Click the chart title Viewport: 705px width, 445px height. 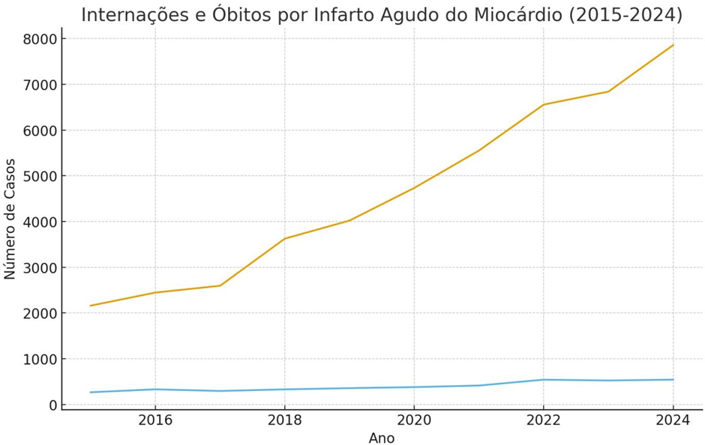(x=382, y=15)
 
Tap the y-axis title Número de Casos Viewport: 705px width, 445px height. (x=10, y=219)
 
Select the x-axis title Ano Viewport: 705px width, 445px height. (x=381, y=438)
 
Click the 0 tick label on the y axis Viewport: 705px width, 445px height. (x=52, y=405)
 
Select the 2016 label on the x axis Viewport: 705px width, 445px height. (x=155, y=420)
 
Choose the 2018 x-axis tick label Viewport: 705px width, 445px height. (x=284, y=420)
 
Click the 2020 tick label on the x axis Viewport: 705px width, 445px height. (x=414, y=420)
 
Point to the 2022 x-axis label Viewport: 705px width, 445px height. (x=544, y=420)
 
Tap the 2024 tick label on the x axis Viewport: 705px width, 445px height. (x=673, y=420)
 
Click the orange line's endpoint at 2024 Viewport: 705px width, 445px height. (x=673, y=45)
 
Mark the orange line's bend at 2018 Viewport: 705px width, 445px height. (x=284, y=239)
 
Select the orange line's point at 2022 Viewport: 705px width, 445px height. (x=544, y=105)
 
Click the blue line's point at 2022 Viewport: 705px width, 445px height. (x=544, y=380)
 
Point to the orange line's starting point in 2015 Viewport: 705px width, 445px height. (x=91, y=306)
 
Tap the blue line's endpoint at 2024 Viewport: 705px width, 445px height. (x=673, y=380)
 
